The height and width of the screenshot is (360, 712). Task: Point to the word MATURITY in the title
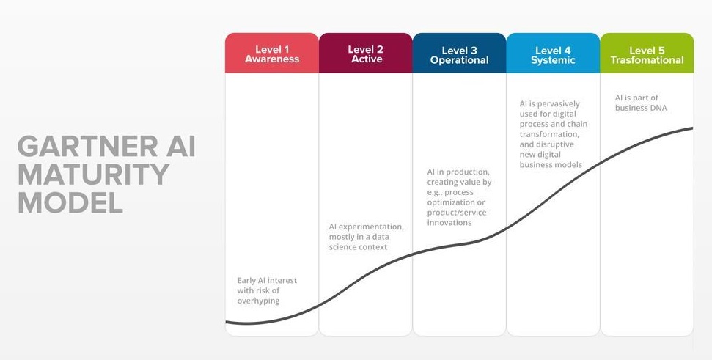tap(94, 175)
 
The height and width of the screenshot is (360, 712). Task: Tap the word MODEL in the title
tap(70, 202)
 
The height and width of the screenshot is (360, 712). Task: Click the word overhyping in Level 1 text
tap(259, 301)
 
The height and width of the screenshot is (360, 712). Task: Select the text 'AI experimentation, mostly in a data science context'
tap(366, 237)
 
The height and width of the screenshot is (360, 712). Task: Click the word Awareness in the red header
tap(272, 59)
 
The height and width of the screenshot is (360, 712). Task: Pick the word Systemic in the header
tap(553, 60)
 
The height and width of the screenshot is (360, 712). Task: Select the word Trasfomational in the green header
tap(647, 60)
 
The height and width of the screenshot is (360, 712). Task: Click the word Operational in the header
tap(459, 60)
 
